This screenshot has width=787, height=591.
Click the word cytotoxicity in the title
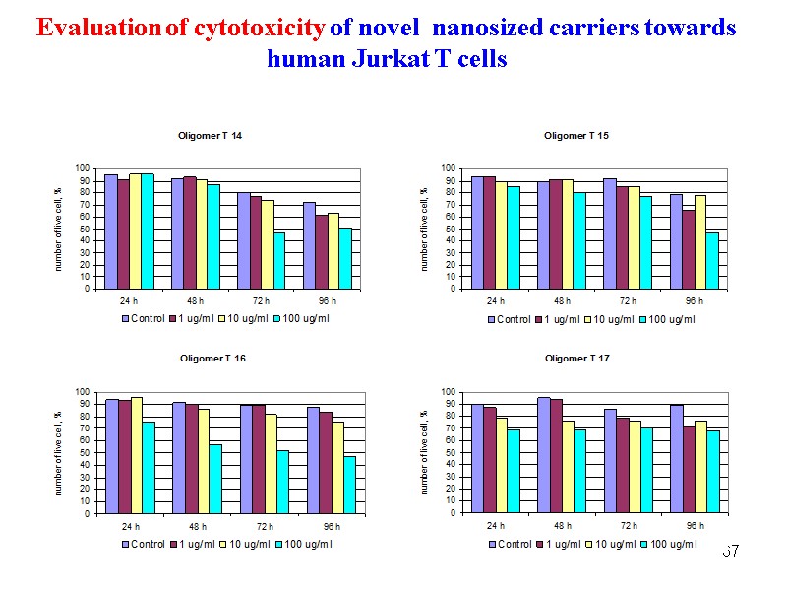coord(260,29)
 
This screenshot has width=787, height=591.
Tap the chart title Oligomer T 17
coord(576,359)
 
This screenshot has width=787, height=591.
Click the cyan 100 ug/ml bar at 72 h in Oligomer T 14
coord(279,261)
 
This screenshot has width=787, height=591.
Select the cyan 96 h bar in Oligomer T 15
coord(712,261)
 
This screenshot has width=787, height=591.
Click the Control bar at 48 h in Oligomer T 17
coord(543,455)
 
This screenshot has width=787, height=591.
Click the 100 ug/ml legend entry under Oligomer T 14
coord(302,319)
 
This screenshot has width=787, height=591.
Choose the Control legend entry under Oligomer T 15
coord(509,319)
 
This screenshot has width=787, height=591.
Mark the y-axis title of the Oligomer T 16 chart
coord(58,454)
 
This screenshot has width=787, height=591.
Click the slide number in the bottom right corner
coord(730,551)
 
